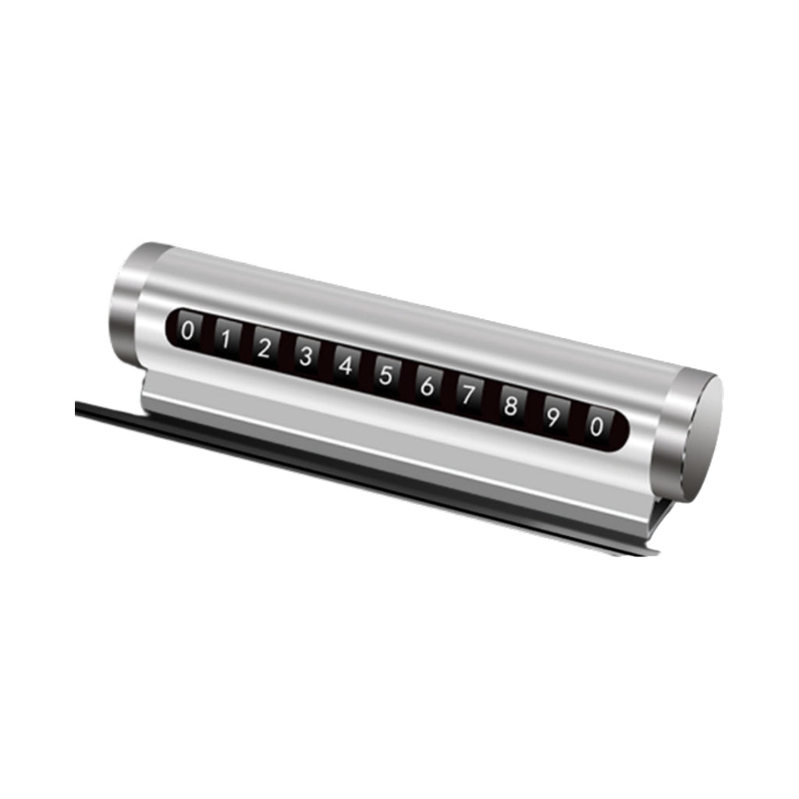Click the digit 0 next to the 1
coord(187,331)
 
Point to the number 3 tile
coord(306,356)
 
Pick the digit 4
coord(346,365)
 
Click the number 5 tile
coord(385,375)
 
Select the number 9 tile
coord(553,417)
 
